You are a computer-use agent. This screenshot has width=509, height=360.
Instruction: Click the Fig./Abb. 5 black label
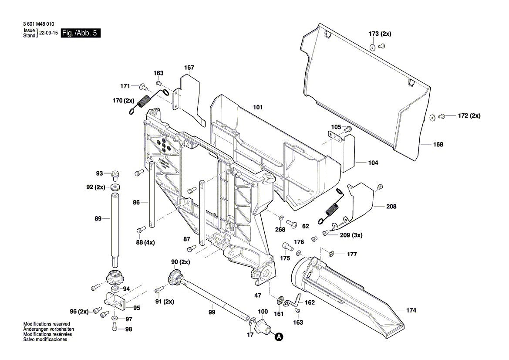[x=81, y=33]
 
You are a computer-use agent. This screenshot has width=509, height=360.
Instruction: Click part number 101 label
[x=258, y=107]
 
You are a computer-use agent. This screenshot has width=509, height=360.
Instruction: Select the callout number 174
[x=411, y=310]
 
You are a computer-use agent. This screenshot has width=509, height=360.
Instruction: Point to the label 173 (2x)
[x=380, y=34]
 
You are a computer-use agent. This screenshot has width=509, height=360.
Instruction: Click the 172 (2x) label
[x=469, y=116]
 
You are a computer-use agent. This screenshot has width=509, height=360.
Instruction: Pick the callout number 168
[x=438, y=144]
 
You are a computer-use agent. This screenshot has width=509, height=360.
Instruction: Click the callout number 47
[x=258, y=295]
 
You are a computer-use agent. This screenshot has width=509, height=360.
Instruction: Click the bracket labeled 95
[x=114, y=300]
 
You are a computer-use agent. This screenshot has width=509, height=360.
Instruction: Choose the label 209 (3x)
[x=351, y=235]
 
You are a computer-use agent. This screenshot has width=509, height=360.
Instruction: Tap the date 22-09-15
[x=48, y=33]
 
